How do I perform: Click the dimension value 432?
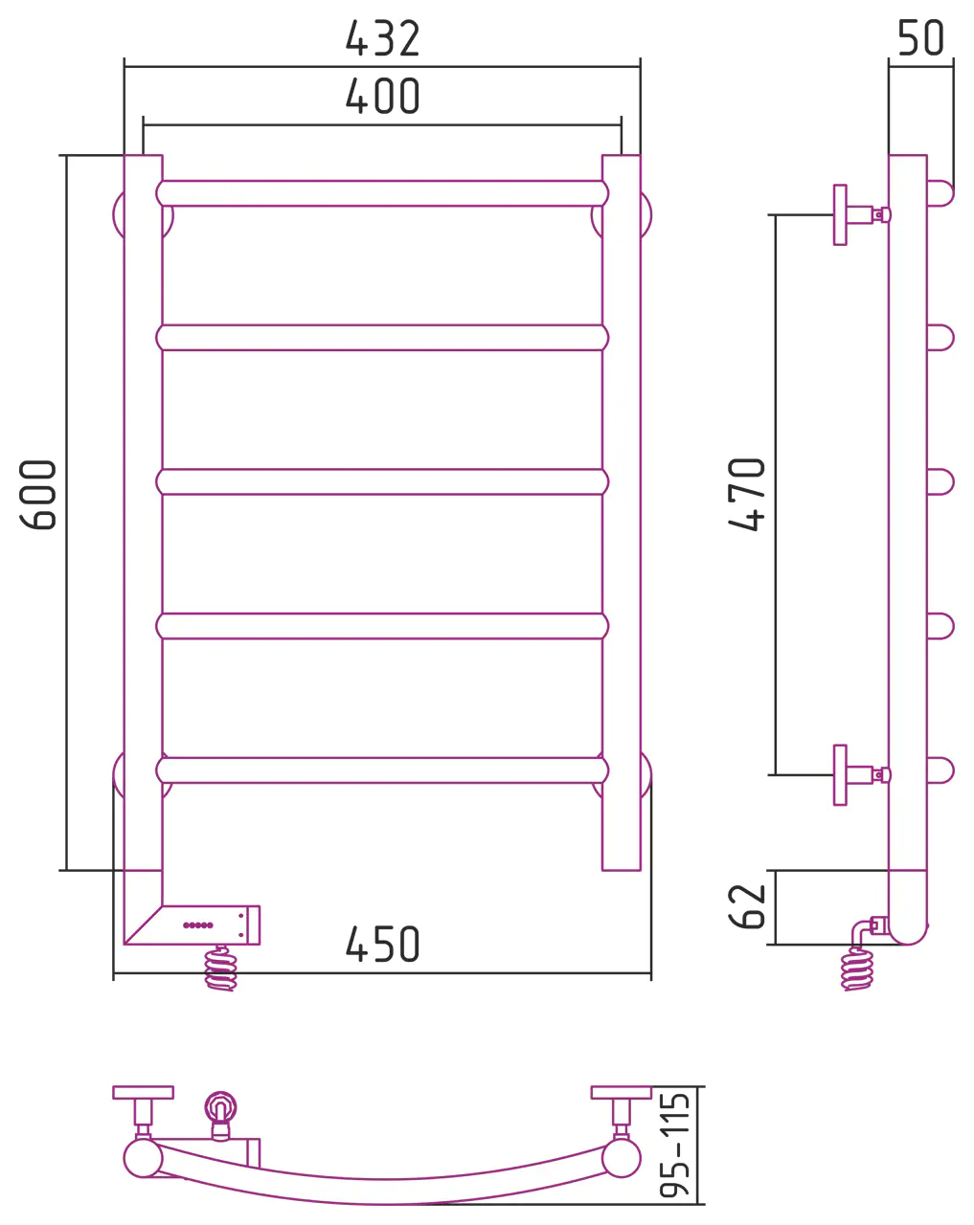tap(382, 38)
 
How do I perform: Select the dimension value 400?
tap(382, 96)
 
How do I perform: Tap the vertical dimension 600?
tap(37, 494)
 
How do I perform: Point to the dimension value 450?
tap(382, 944)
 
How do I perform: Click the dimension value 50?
tap(920, 38)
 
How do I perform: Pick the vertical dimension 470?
tap(746, 494)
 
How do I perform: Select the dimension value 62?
tap(746, 906)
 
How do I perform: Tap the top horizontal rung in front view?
tap(382, 193)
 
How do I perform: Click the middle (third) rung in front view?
tap(382, 481)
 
